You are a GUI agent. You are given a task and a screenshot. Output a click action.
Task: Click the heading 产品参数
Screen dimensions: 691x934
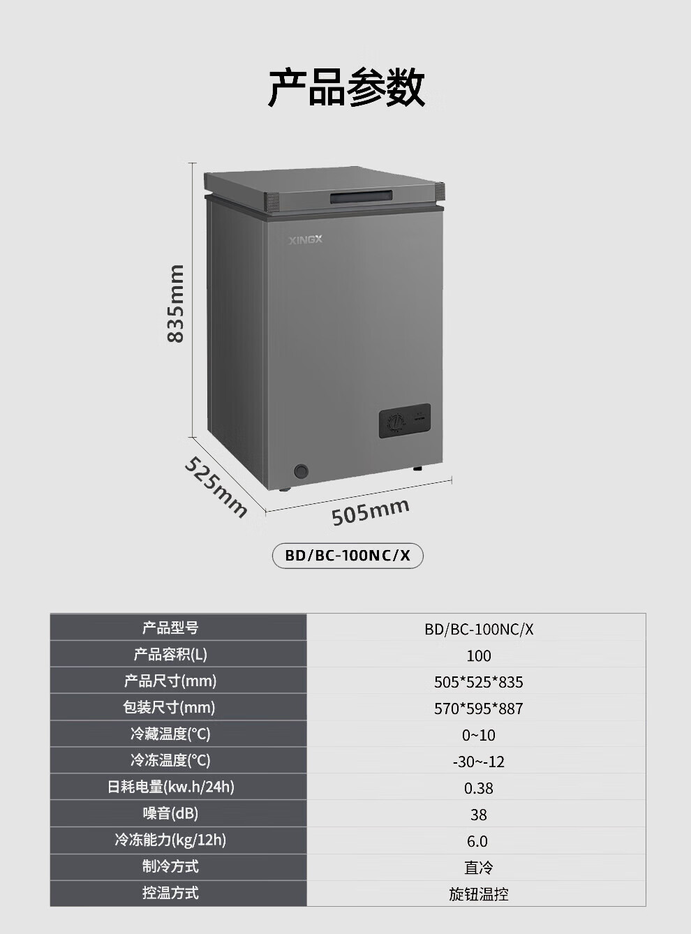[x=346, y=87]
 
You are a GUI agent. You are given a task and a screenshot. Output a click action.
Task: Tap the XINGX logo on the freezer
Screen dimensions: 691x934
[x=306, y=240]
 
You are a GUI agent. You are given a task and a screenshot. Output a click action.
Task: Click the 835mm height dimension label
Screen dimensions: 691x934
[x=176, y=304]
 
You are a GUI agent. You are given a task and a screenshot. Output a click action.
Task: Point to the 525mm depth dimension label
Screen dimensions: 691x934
[x=216, y=487]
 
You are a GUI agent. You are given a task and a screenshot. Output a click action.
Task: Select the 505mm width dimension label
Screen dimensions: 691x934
[x=370, y=512]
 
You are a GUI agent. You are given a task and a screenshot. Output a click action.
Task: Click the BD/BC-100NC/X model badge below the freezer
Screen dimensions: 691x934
[x=348, y=556]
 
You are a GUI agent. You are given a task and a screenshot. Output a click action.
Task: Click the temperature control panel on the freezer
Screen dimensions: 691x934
[x=404, y=422]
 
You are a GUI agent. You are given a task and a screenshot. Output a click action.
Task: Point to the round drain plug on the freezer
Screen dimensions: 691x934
[x=302, y=471]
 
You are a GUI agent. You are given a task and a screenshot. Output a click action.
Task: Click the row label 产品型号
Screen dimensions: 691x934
[x=171, y=628]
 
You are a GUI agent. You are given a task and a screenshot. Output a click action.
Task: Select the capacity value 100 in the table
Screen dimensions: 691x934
[x=479, y=655]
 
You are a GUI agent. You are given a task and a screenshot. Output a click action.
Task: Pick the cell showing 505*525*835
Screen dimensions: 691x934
[x=479, y=682]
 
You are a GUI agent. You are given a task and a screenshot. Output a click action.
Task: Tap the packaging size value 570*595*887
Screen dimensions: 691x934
[x=479, y=709]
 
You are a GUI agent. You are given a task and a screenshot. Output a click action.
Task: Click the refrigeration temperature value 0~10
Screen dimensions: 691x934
[x=479, y=735]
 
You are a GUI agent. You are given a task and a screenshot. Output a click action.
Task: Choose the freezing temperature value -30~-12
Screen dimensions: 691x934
[x=479, y=762]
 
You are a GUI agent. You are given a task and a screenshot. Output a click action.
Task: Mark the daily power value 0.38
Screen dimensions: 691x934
[x=479, y=788]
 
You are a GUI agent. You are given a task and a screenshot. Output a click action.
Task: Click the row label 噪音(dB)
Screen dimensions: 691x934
[x=171, y=813]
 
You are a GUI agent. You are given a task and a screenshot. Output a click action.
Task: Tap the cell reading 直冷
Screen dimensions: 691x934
[x=479, y=868]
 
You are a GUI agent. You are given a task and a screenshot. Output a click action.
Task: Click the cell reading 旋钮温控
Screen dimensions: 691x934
[x=479, y=894]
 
